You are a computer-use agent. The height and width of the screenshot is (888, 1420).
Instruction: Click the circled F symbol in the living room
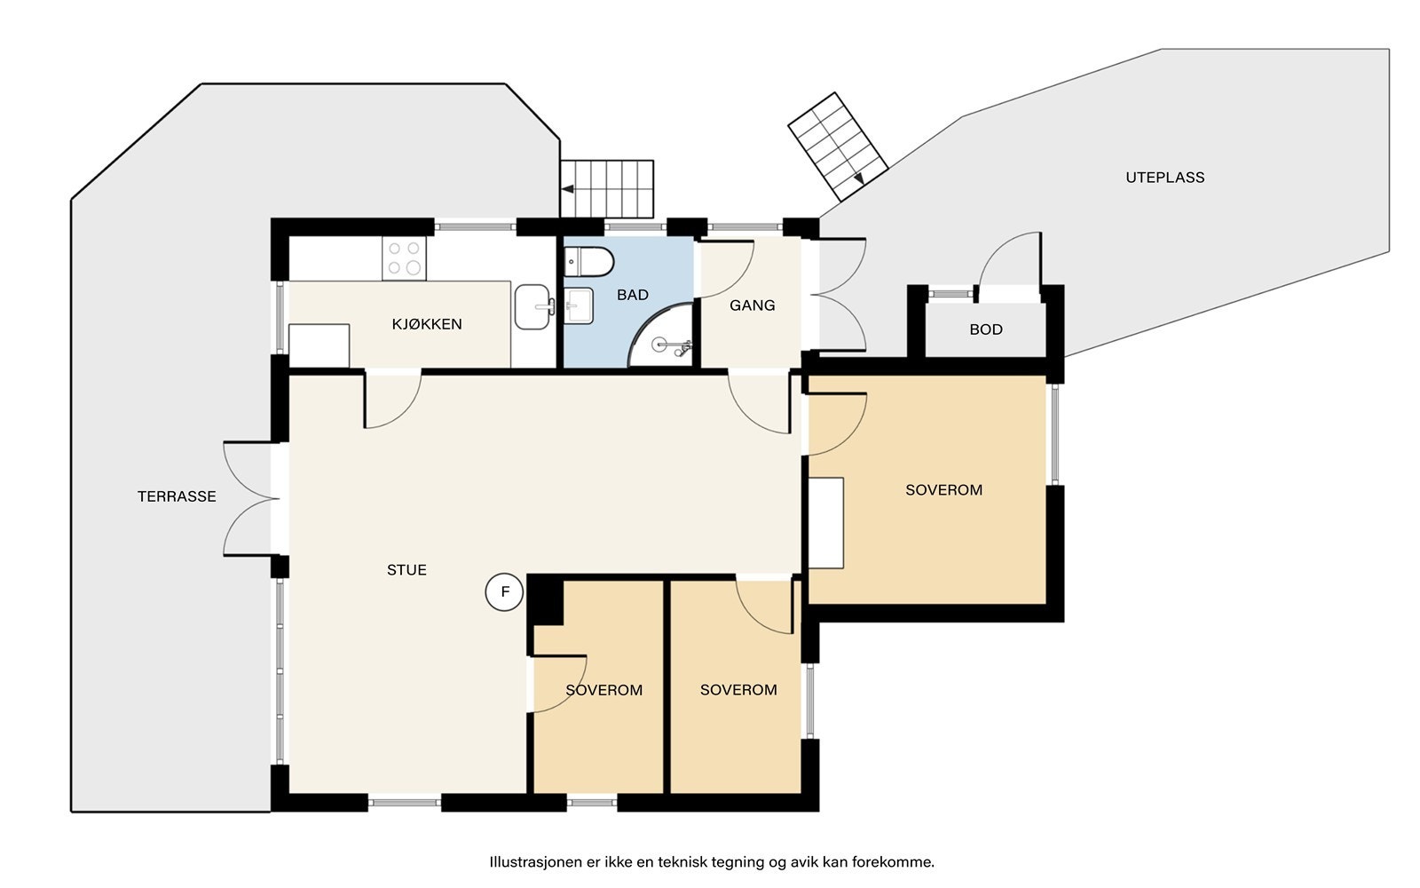[504, 592]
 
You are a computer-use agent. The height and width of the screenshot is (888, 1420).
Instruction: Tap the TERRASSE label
[177, 496]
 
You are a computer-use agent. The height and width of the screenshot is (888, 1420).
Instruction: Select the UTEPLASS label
[1165, 178]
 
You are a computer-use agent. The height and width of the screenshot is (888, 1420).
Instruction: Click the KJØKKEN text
[427, 324]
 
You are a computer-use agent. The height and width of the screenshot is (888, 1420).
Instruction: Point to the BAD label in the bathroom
[633, 295]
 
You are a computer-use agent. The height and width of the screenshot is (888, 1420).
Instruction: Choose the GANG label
[753, 305]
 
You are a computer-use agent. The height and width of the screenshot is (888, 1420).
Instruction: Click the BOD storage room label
[986, 329]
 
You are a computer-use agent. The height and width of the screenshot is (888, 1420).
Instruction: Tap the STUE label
[407, 570]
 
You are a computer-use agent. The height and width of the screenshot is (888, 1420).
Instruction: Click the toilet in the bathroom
[589, 262]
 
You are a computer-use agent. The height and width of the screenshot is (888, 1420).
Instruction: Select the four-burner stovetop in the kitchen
[404, 258]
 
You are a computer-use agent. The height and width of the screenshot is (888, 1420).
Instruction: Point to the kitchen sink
[533, 307]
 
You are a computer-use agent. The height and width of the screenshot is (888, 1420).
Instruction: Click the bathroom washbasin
[579, 306]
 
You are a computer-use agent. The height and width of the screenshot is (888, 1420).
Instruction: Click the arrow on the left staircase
[568, 189]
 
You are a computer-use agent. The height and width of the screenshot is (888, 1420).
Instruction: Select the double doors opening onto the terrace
[252, 499]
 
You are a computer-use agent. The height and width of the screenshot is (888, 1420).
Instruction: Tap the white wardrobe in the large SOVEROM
[826, 523]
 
